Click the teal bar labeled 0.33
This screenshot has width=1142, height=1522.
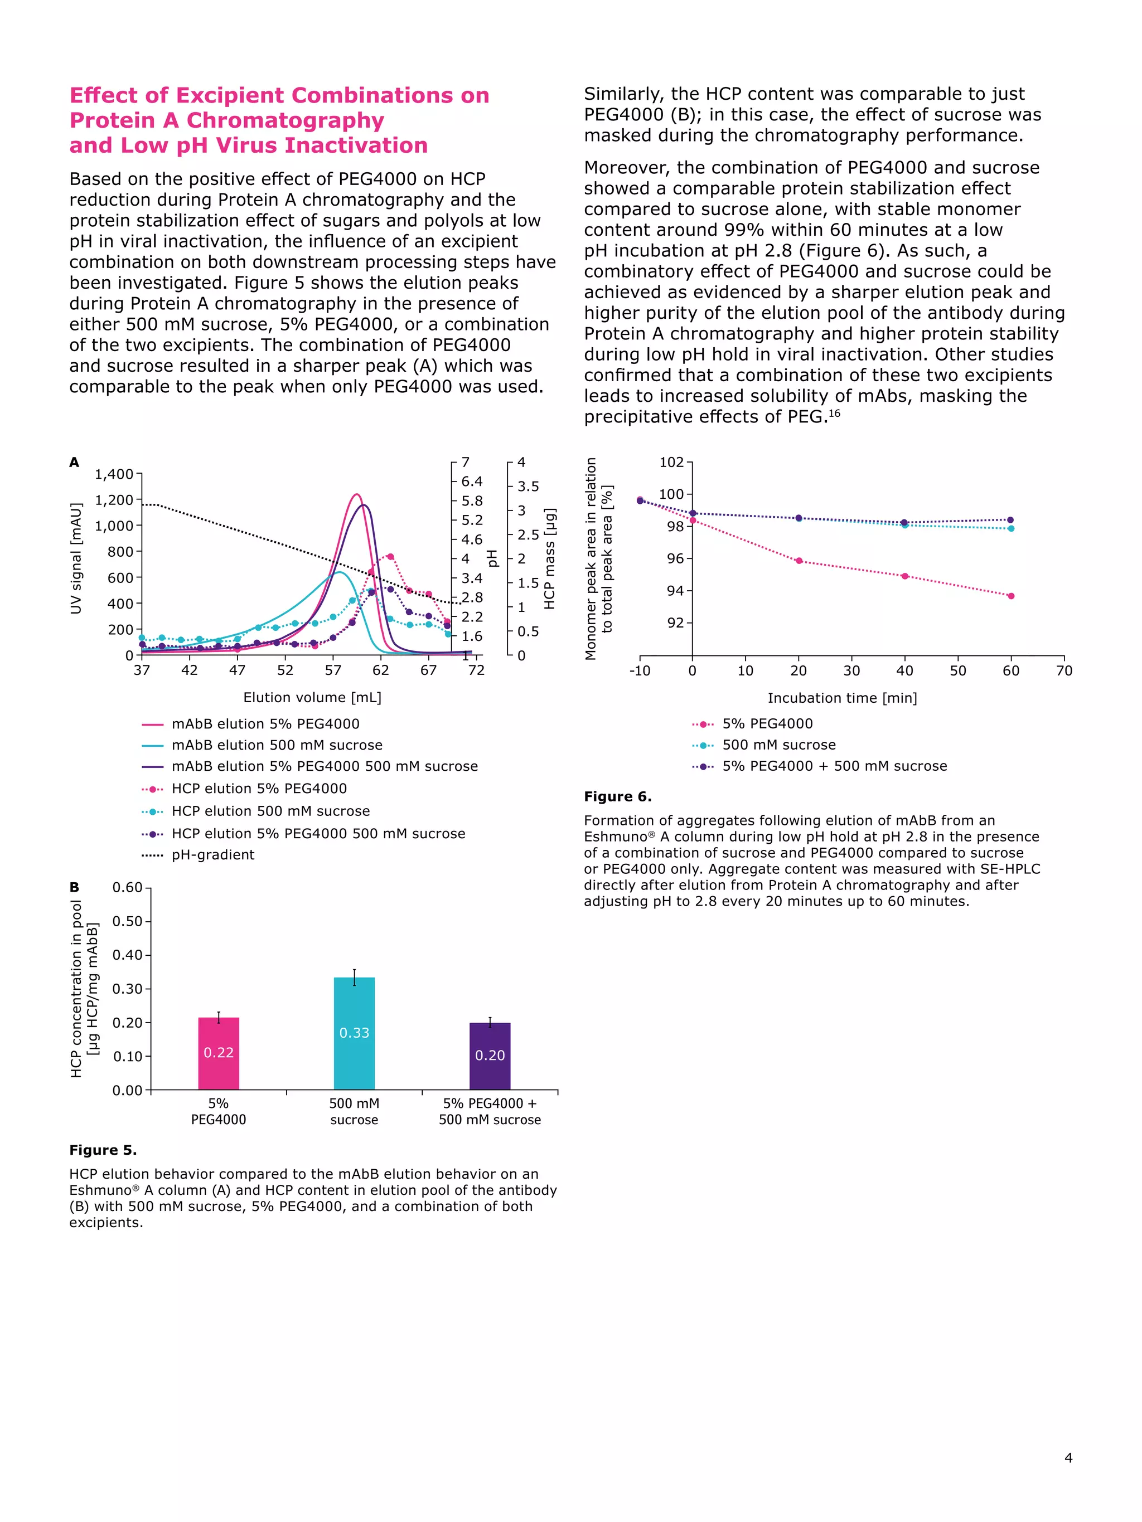click(x=354, y=1032)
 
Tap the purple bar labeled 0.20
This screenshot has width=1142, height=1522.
click(x=490, y=1056)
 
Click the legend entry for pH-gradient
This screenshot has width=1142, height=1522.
click(x=212, y=854)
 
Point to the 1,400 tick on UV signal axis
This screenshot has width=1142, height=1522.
click(x=114, y=474)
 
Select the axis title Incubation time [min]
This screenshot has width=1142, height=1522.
click(x=842, y=698)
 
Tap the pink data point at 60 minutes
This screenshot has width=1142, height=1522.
click(x=1010, y=596)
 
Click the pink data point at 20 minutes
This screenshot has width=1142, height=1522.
click(x=799, y=561)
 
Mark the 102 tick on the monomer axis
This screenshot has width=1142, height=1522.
click(x=671, y=463)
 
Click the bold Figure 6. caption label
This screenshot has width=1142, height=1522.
click(x=617, y=797)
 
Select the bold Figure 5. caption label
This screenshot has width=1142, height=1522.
click(x=103, y=1150)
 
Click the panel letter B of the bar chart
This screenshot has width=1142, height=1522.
click(x=74, y=888)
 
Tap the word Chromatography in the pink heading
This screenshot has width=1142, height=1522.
click(x=285, y=120)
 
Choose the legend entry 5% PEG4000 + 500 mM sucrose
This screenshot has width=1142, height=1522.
click(x=834, y=766)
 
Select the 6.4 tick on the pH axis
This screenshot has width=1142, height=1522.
click(x=472, y=482)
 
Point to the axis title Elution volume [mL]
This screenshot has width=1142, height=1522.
click(x=312, y=698)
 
